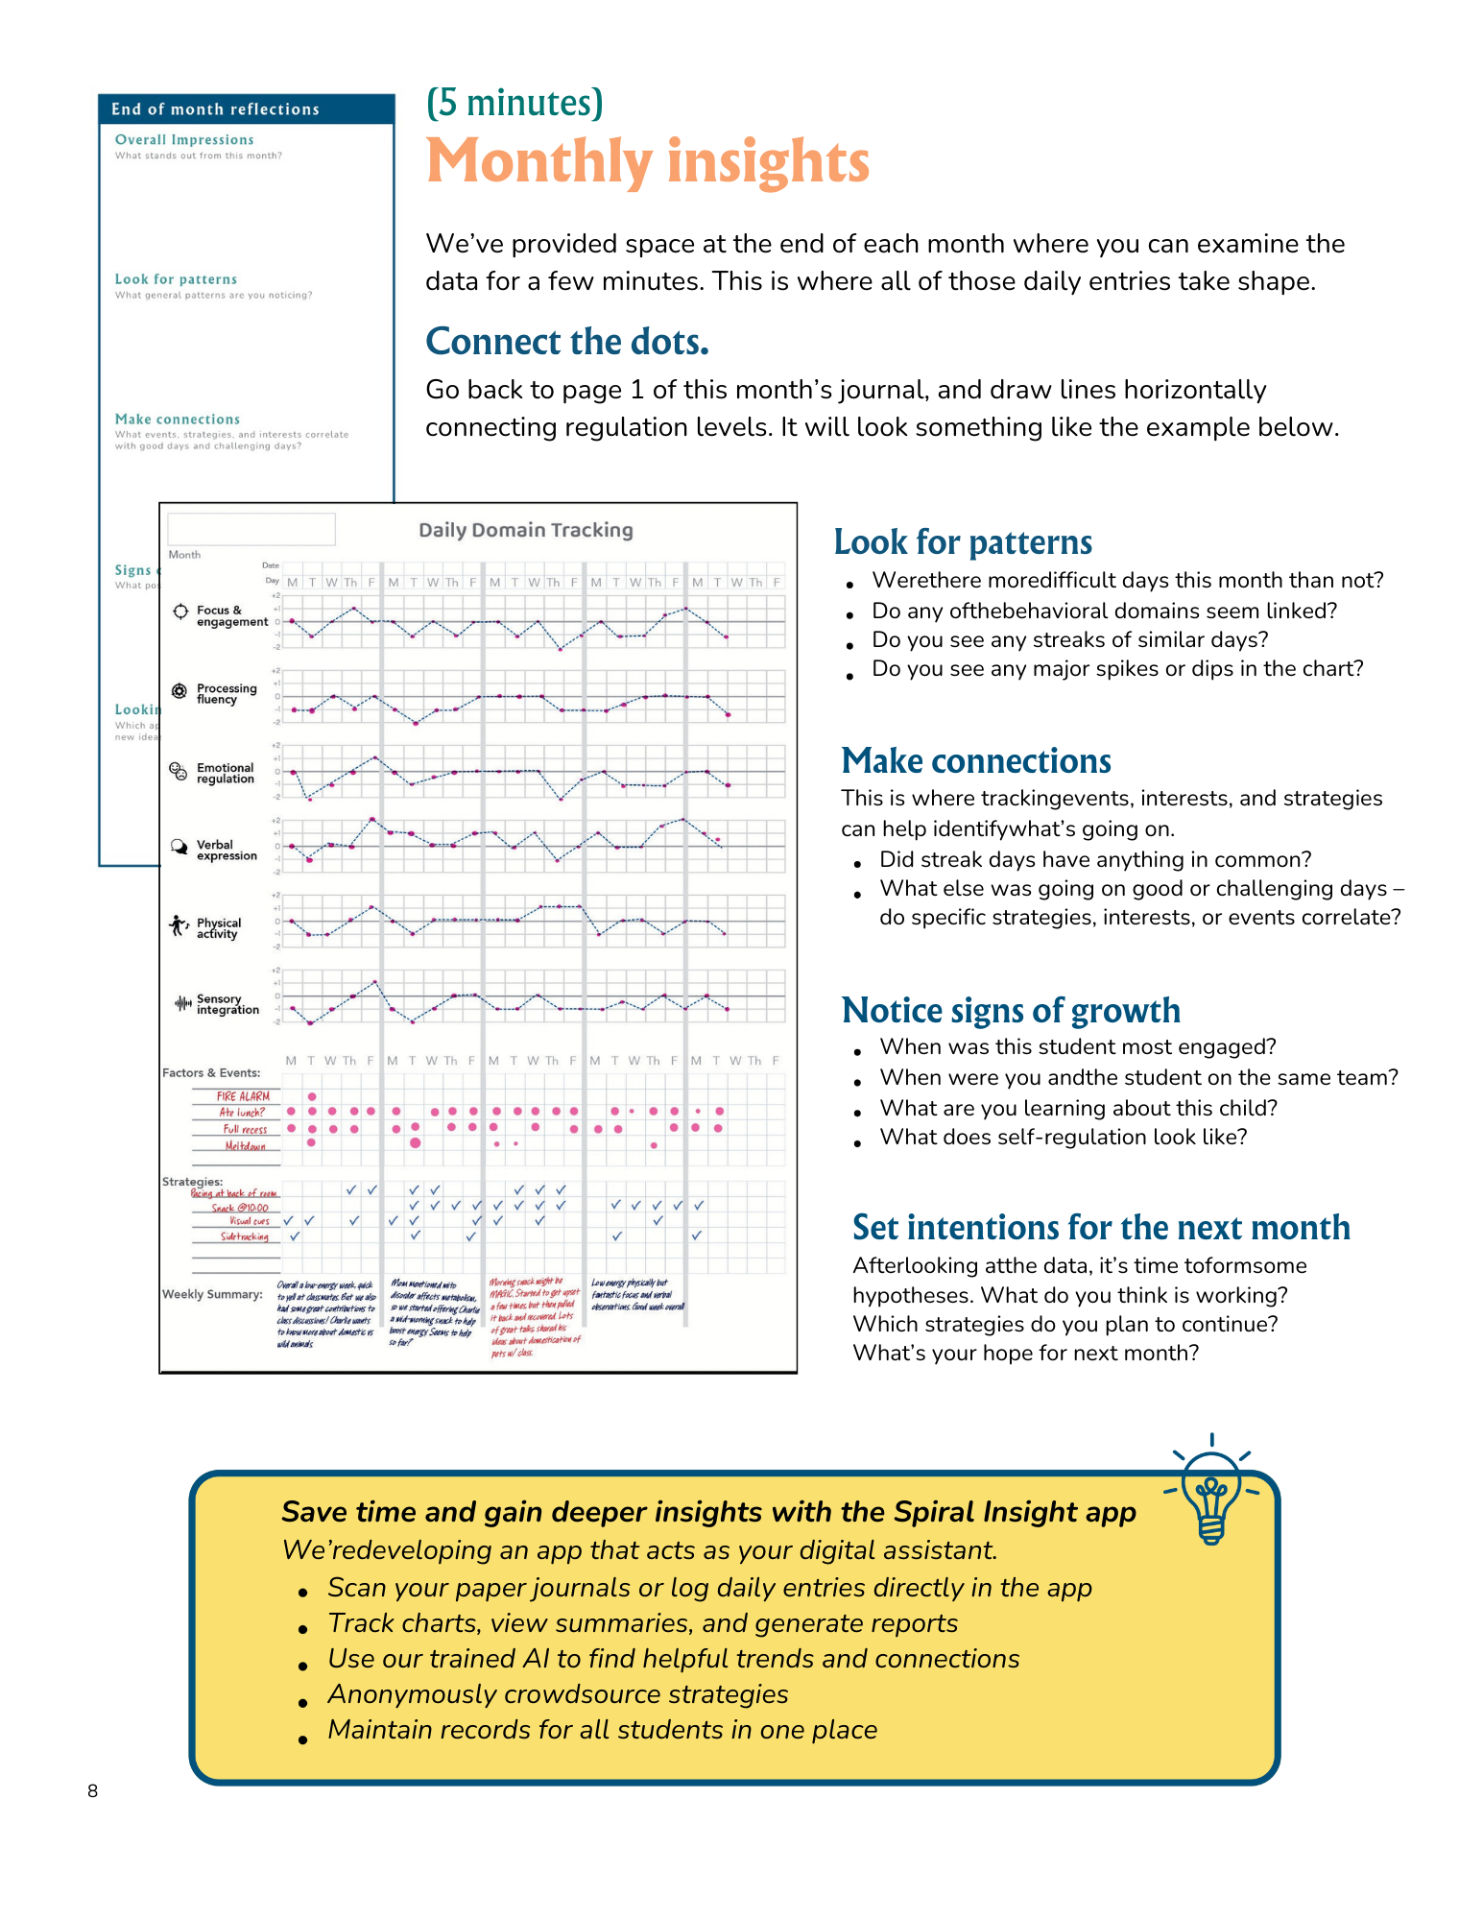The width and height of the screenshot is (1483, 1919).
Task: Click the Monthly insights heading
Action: [647, 161]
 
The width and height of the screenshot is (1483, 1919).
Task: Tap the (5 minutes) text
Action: [514, 102]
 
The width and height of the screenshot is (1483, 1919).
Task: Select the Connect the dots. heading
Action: [566, 342]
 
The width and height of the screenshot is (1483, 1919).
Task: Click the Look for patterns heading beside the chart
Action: [962, 542]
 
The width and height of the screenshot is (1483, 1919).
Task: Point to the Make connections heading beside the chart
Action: [975, 761]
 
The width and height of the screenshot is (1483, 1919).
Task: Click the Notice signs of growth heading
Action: [1010, 1011]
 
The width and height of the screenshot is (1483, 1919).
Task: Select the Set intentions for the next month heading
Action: [1100, 1228]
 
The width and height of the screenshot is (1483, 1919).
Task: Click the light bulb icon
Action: [1211, 1491]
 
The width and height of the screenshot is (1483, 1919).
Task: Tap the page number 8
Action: [92, 1790]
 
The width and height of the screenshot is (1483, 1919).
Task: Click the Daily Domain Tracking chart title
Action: [525, 530]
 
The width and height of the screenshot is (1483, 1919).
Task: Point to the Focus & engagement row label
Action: [231, 616]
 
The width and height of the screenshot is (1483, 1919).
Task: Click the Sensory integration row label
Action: [227, 1004]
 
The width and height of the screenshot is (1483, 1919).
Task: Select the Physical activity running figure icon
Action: [179, 925]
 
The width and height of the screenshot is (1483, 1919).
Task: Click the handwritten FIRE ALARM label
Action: [243, 1096]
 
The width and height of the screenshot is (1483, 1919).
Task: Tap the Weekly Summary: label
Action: [212, 1294]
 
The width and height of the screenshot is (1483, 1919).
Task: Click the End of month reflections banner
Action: [215, 109]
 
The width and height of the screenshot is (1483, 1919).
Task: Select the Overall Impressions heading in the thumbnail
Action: [184, 140]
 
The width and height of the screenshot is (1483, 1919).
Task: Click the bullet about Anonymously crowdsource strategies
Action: [558, 1694]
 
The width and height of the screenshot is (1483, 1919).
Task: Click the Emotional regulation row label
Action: [225, 774]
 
